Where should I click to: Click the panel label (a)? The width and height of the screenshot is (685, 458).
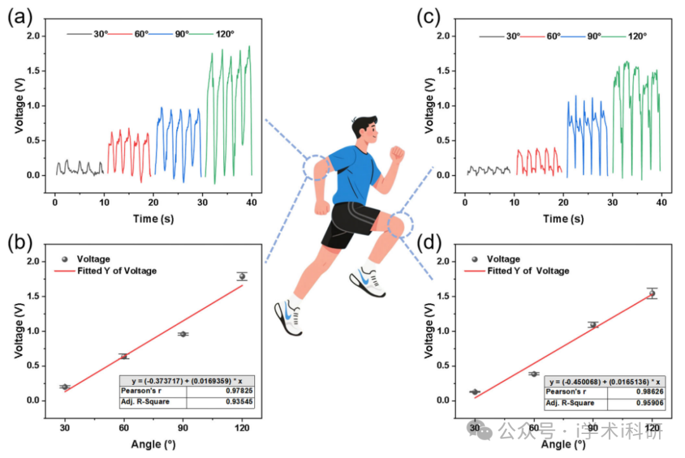coord(19,17)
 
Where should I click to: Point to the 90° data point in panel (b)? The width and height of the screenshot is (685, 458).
coord(183,334)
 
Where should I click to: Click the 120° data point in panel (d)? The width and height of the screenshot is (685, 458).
coord(651,293)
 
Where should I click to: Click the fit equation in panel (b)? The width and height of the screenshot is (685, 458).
coord(186,380)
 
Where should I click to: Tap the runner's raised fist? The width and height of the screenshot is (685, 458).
coord(397,153)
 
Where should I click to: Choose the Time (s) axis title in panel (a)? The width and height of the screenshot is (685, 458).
coord(153,219)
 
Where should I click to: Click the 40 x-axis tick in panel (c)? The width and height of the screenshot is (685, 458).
coord(661,203)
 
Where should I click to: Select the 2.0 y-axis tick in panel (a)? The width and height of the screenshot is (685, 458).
coord(35,36)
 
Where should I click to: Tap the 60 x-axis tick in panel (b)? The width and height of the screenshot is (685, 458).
coord(124,428)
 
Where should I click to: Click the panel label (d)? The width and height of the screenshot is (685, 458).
coord(428,244)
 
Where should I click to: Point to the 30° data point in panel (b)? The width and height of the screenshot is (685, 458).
coord(65,386)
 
